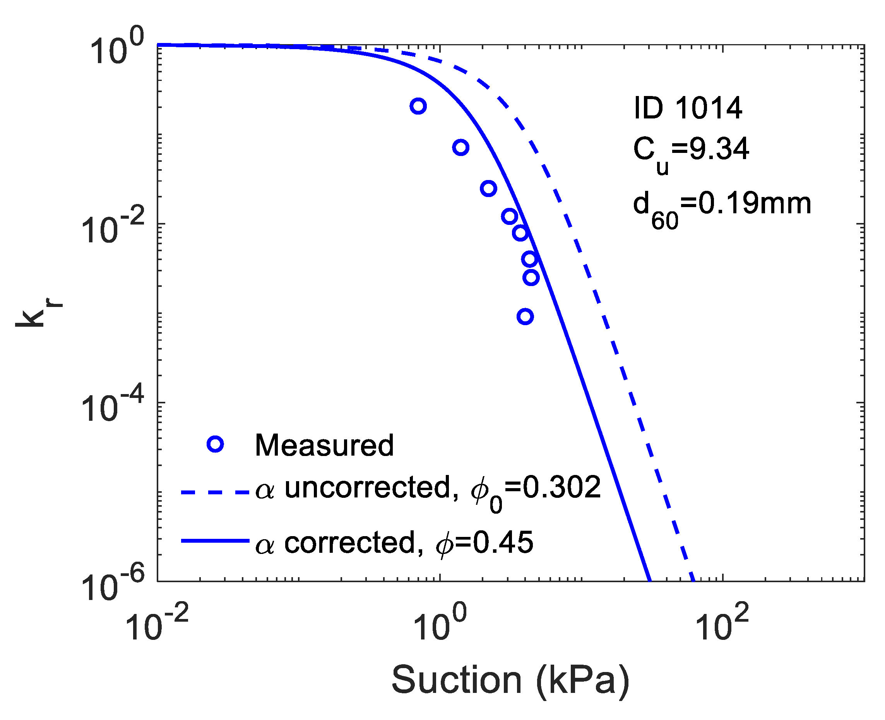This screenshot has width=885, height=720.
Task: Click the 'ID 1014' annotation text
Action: (x=688, y=108)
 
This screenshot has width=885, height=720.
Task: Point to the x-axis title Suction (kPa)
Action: (x=510, y=680)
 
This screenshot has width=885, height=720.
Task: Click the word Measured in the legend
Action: (x=324, y=446)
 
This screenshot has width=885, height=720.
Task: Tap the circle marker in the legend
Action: (x=215, y=445)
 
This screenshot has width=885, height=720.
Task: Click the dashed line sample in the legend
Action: (x=215, y=493)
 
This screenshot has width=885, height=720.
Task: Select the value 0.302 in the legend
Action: (x=561, y=488)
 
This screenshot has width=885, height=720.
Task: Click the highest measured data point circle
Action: (x=418, y=106)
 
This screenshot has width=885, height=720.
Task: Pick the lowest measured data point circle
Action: (x=525, y=317)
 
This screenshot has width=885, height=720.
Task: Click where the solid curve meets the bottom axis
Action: (x=649, y=580)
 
